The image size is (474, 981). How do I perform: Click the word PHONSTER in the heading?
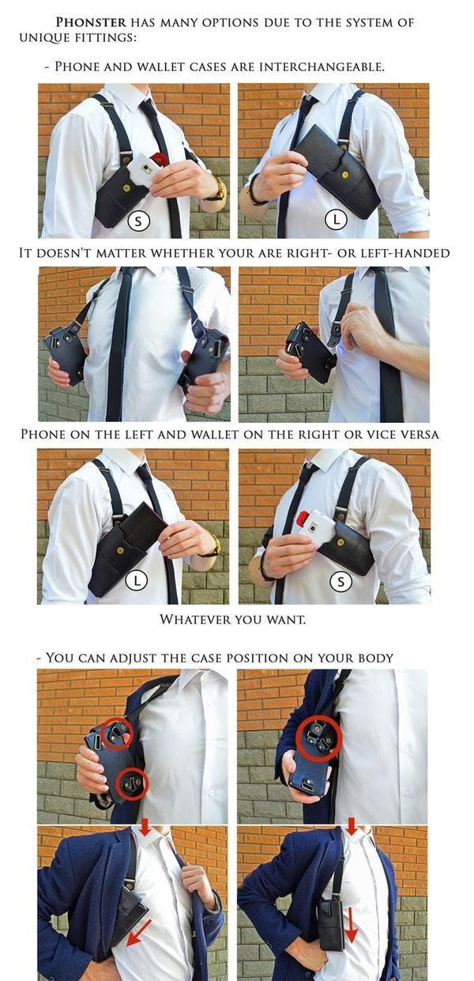(x=91, y=22)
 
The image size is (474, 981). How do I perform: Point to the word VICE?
(x=382, y=435)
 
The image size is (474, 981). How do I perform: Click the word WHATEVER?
(x=195, y=619)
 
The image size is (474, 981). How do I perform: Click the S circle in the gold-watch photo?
(x=138, y=221)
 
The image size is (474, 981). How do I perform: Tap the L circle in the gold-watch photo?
(x=137, y=581)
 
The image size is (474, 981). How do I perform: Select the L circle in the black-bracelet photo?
(x=336, y=219)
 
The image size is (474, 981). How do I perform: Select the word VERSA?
(x=420, y=435)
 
